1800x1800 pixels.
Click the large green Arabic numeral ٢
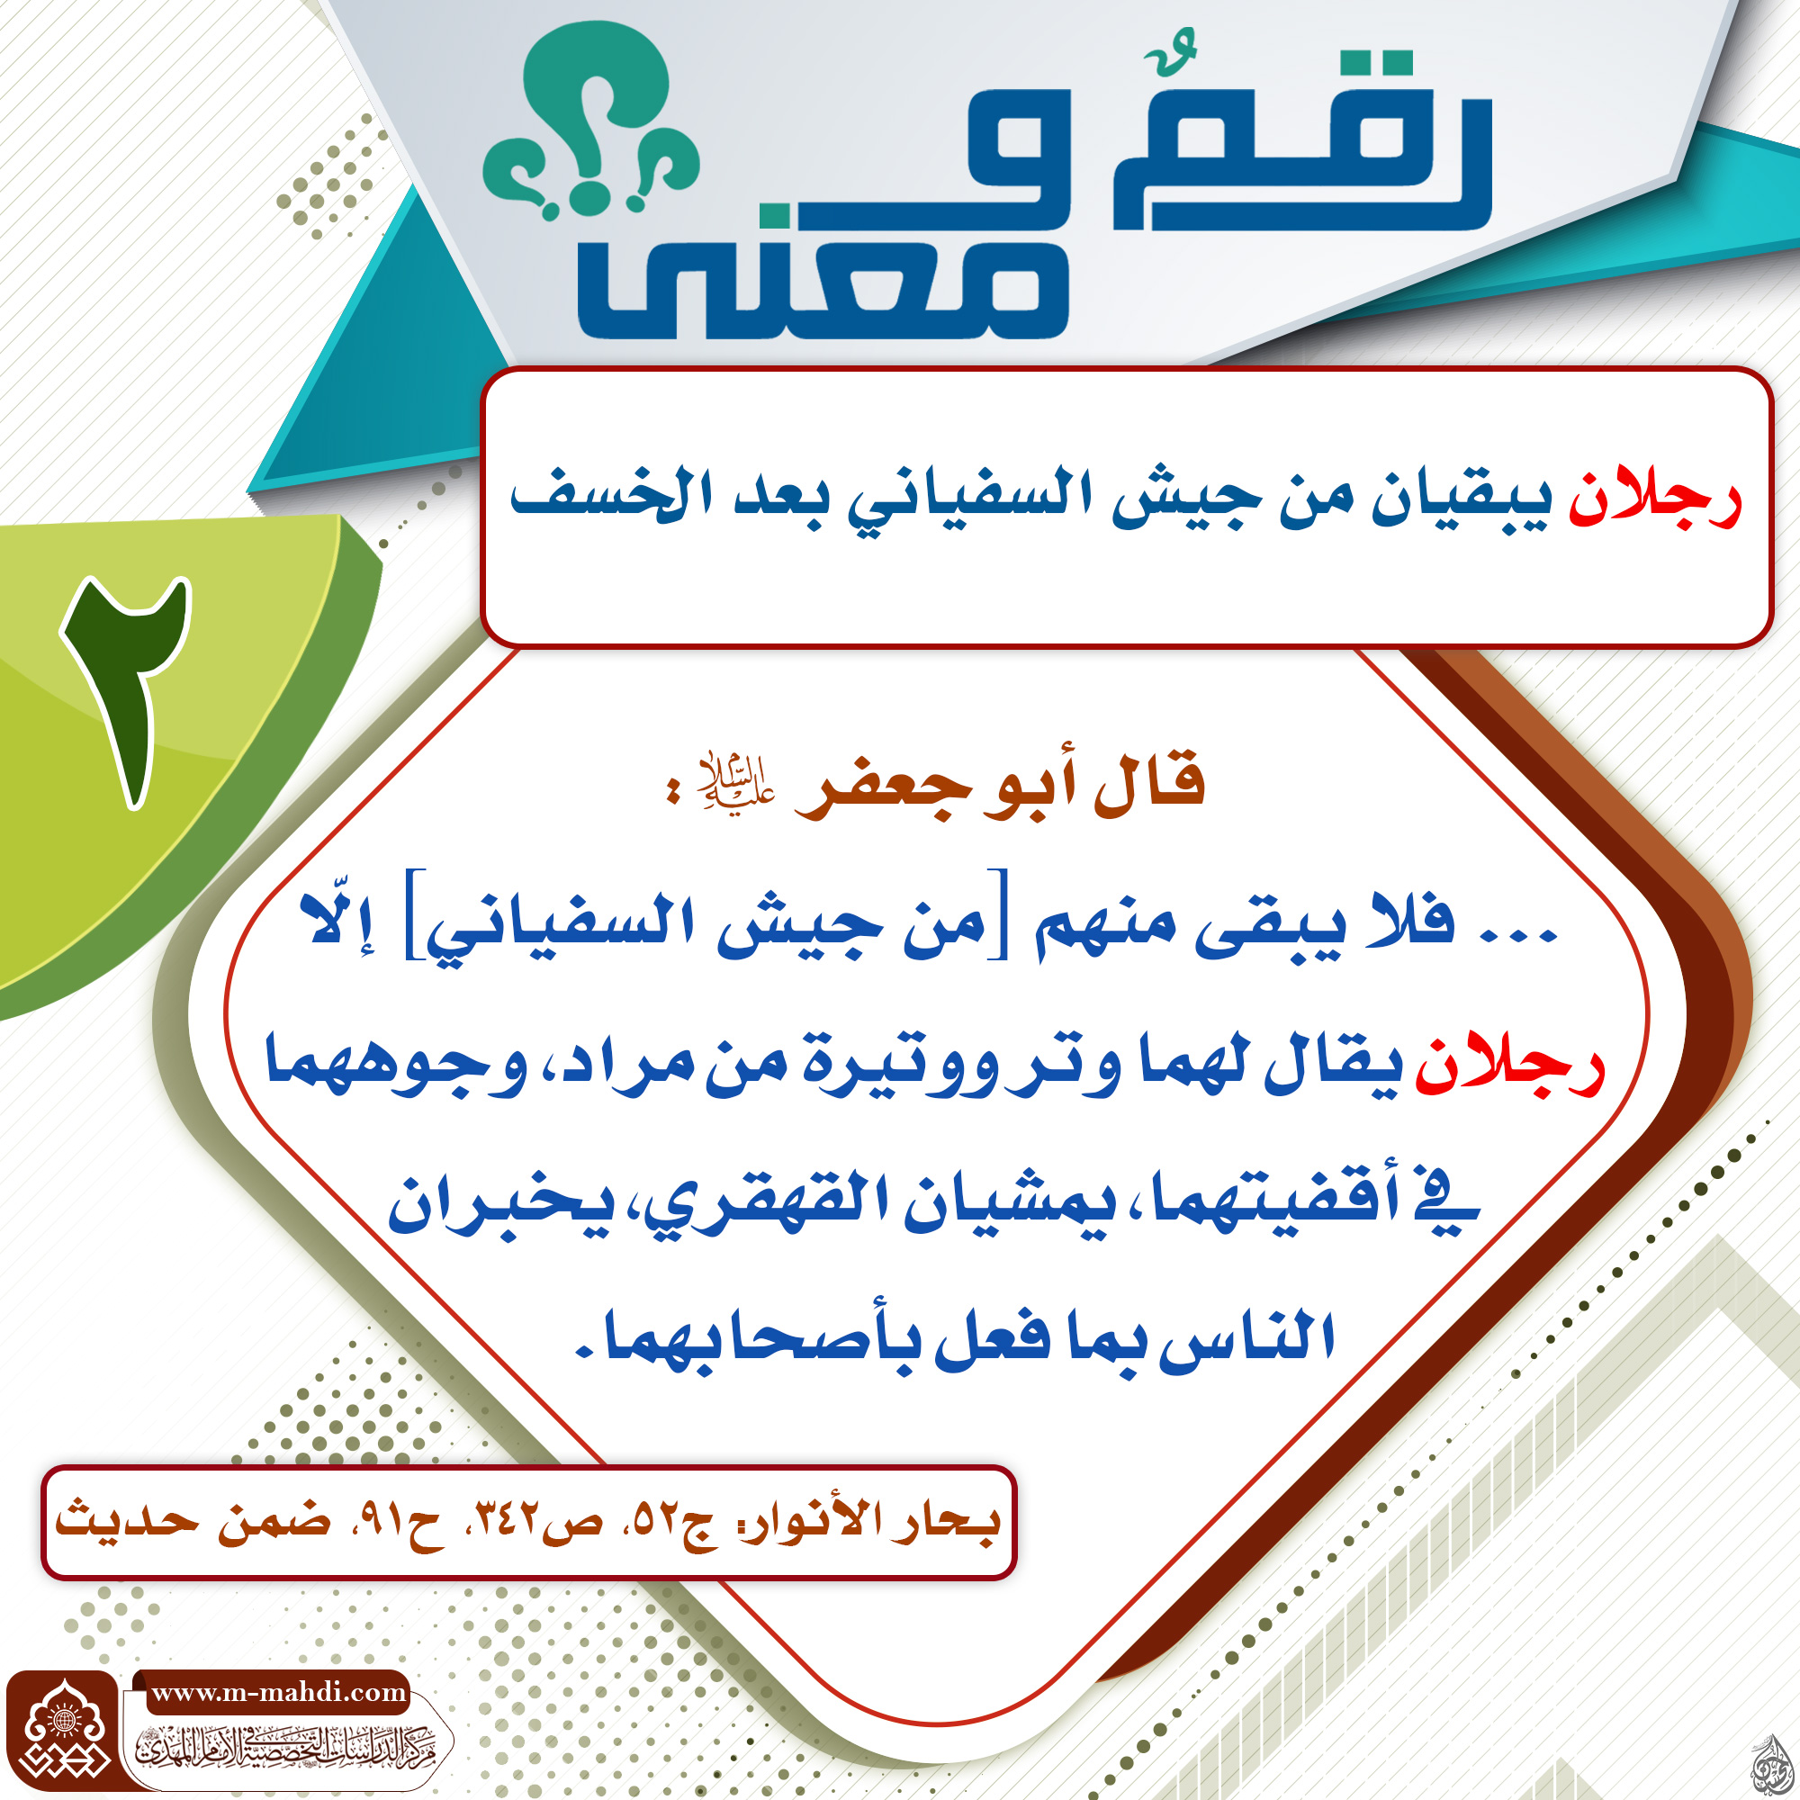point(129,689)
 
